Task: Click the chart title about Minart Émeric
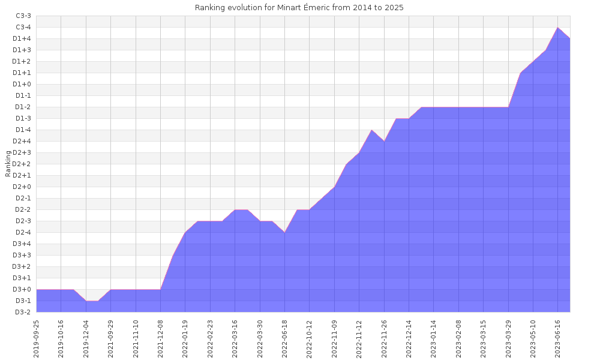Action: point(299,8)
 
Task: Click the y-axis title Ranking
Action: point(8,164)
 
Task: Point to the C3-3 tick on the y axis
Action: point(23,16)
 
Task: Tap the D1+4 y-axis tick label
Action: point(22,38)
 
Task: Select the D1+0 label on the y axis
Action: point(22,84)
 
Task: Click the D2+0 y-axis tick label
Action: point(22,187)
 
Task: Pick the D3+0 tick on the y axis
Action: point(22,290)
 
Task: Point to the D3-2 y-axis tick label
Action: point(23,312)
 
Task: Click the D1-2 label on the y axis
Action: point(23,107)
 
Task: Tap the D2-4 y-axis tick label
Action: point(23,232)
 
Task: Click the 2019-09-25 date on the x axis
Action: point(37,338)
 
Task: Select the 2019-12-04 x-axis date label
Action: point(86,338)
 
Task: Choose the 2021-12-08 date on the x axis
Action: point(161,338)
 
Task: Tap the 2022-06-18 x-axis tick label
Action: point(284,338)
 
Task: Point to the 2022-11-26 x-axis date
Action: point(384,338)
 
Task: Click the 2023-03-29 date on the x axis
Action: point(508,338)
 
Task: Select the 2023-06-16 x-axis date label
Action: point(558,338)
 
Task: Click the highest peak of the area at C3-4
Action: point(558,28)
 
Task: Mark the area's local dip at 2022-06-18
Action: point(284,232)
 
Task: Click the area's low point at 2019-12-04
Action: point(86,301)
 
